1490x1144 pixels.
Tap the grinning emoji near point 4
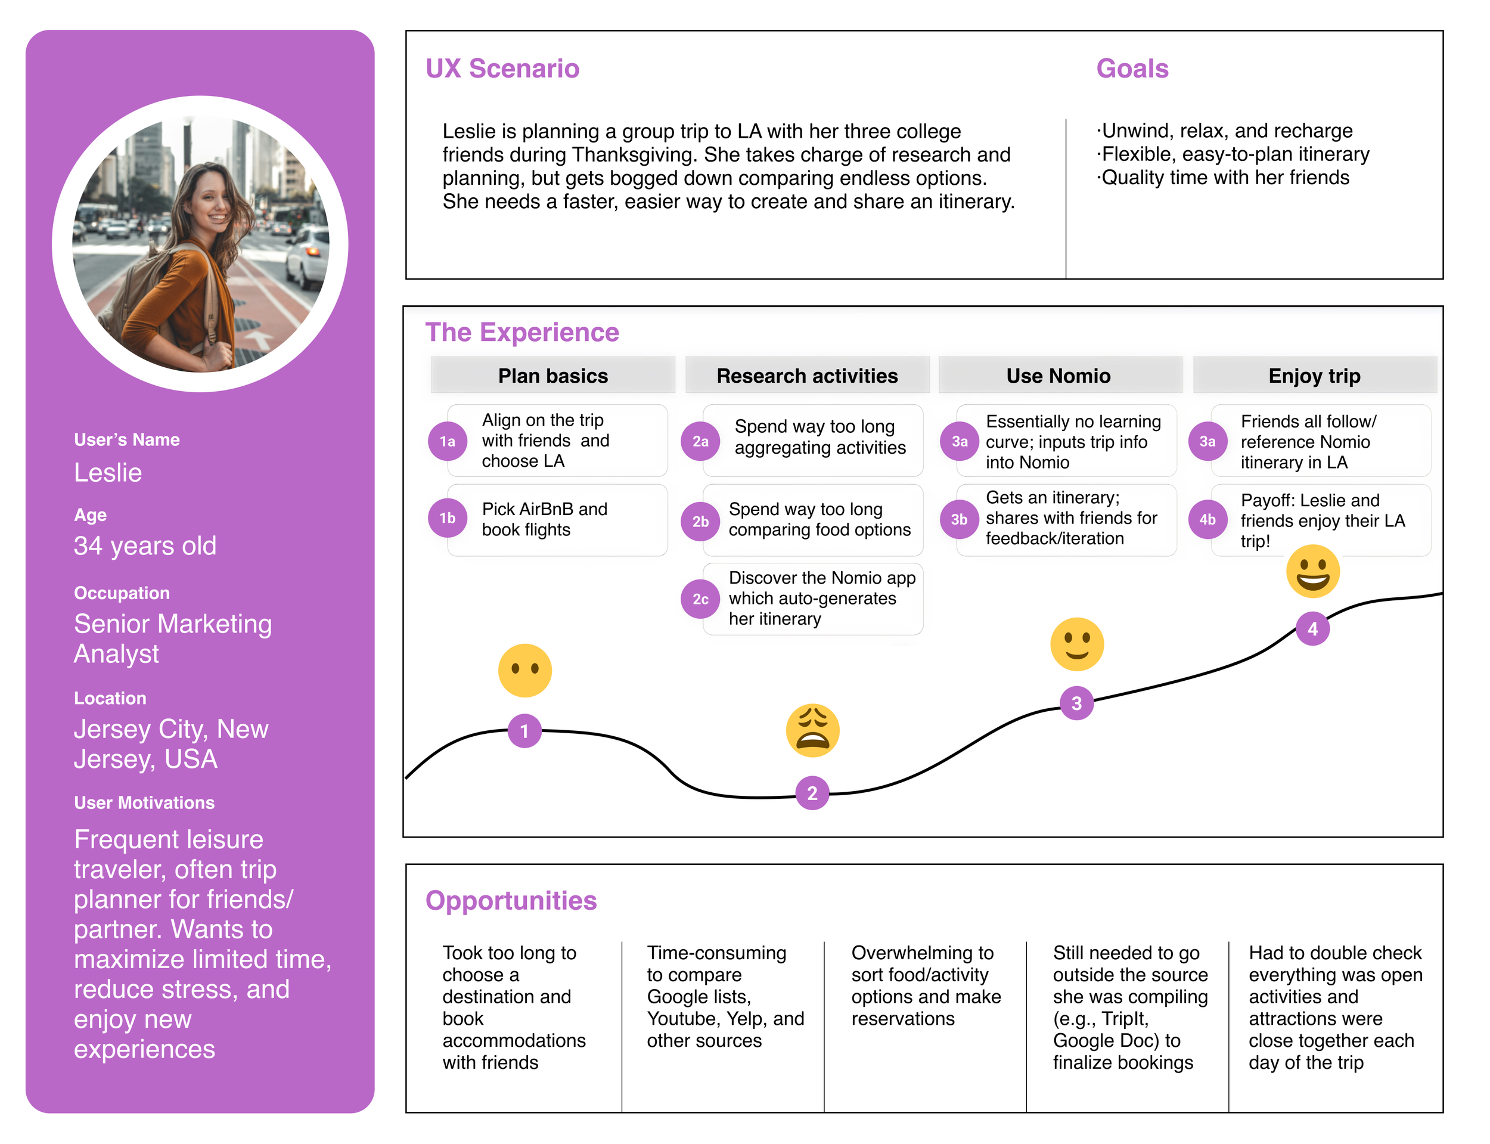click(1312, 571)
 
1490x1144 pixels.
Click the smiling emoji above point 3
click(1076, 644)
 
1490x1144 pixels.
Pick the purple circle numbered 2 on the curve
click(812, 793)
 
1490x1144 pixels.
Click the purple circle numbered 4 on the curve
click(1312, 628)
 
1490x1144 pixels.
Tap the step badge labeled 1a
click(447, 441)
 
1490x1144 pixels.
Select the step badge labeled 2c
click(700, 599)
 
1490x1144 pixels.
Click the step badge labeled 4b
click(1207, 520)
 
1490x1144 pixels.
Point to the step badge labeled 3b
click(959, 520)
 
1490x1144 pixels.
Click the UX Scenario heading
click(502, 69)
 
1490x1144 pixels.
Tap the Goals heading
click(1132, 69)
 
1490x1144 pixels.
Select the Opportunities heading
click(511, 900)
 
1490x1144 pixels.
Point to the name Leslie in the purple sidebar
click(107, 473)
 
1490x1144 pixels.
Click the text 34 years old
click(145, 546)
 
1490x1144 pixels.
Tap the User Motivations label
click(144, 803)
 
